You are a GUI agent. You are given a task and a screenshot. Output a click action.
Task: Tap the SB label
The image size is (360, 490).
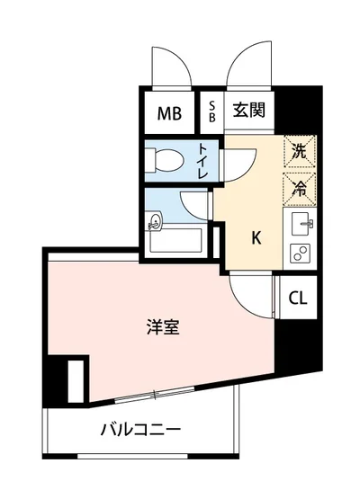pyautogui.click(x=211, y=112)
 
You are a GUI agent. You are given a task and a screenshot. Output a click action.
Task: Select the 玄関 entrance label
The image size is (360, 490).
pyautogui.click(x=247, y=111)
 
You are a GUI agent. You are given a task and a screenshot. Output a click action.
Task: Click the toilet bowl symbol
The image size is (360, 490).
pyautogui.click(x=164, y=160)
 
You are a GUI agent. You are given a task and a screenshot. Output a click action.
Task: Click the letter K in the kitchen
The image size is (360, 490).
pyautogui.click(x=256, y=238)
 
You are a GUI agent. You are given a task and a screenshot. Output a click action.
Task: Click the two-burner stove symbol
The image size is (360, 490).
pyautogui.click(x=299, y=253)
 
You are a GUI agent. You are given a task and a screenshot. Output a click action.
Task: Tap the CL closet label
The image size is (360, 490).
pyautogui.click(x=297, y=298)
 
